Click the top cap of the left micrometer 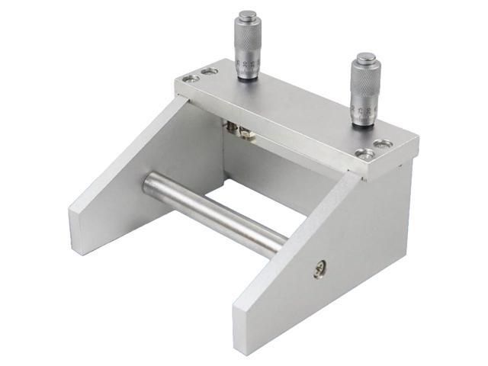[247, 16]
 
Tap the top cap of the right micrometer [365, 58]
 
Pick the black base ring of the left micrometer [249, 76]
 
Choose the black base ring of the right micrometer [364, 123]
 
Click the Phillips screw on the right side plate [319, 268]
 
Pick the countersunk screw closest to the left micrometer [210, 72]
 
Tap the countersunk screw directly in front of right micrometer [367, 154]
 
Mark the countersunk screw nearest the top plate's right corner [386, 144]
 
